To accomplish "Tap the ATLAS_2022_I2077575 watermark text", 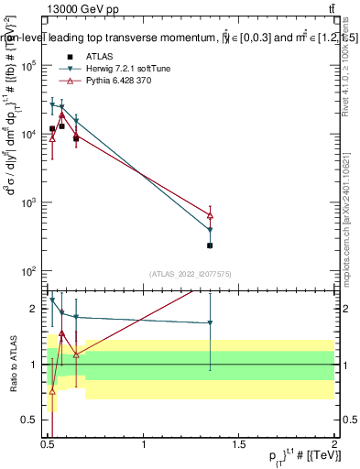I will (x=191, y=273).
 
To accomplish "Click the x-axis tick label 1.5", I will (x=239, y=444).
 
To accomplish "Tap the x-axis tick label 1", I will (x=144, y=444).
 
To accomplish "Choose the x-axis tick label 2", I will (x=334, y=444).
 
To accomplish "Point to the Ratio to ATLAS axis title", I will (x=13, y=365).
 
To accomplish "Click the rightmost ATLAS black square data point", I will (x=211, y=245).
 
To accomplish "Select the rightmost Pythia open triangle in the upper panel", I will (x=211, y=215).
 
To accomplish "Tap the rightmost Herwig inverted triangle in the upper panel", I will (x=211, y=230).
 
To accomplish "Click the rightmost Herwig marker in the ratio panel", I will (x=211, y=322).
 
